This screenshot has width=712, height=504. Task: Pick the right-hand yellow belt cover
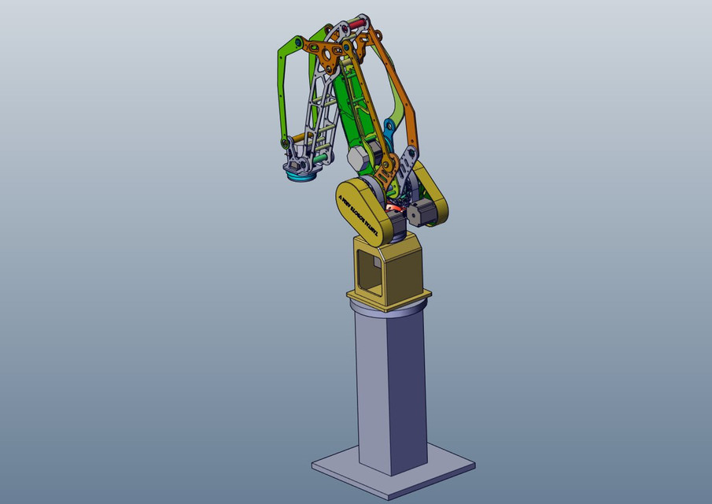[432, 193]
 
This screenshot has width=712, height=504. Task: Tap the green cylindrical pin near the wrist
[319, 157]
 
